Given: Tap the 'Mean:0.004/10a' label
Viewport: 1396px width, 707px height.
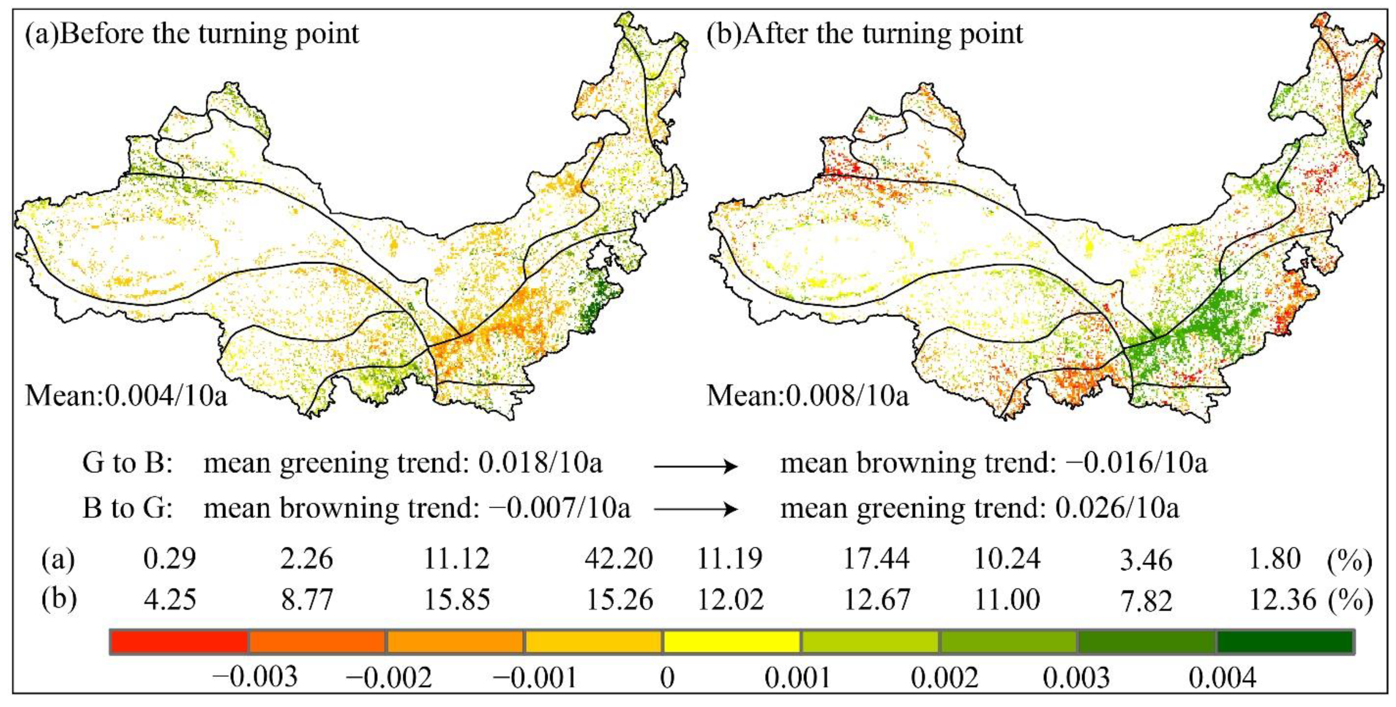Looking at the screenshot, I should (126, 396).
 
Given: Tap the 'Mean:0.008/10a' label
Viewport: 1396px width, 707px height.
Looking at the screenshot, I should (807, 396).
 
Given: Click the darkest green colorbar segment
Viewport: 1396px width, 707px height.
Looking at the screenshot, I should (1285, 642).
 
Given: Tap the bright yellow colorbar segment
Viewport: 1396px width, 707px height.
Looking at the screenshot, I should (731, 642).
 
